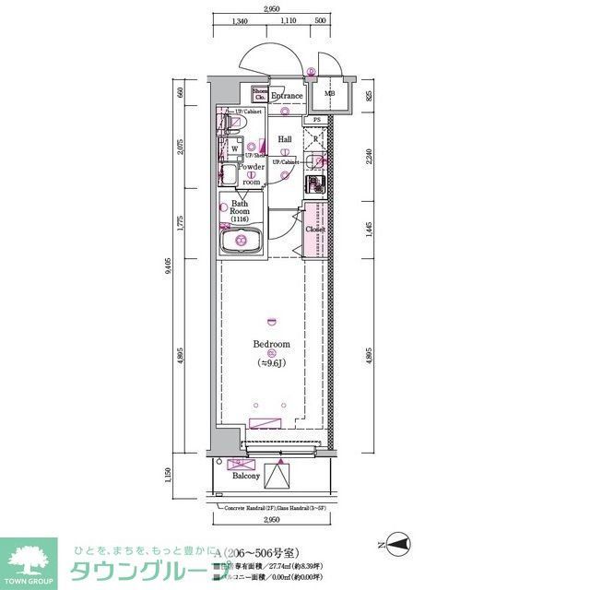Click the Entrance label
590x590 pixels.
pos(287,96)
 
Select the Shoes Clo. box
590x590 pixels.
pos(260,94)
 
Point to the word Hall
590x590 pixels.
pos(285,140)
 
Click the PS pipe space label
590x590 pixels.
pos(316,120)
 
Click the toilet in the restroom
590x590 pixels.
pos(224,124)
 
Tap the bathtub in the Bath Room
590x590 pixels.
pos(242,243)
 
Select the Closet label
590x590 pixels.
pos(315,230)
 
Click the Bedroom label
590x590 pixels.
pos(271,344)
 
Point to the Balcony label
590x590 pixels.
pos(246,477)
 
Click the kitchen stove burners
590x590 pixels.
pos(315,184)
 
